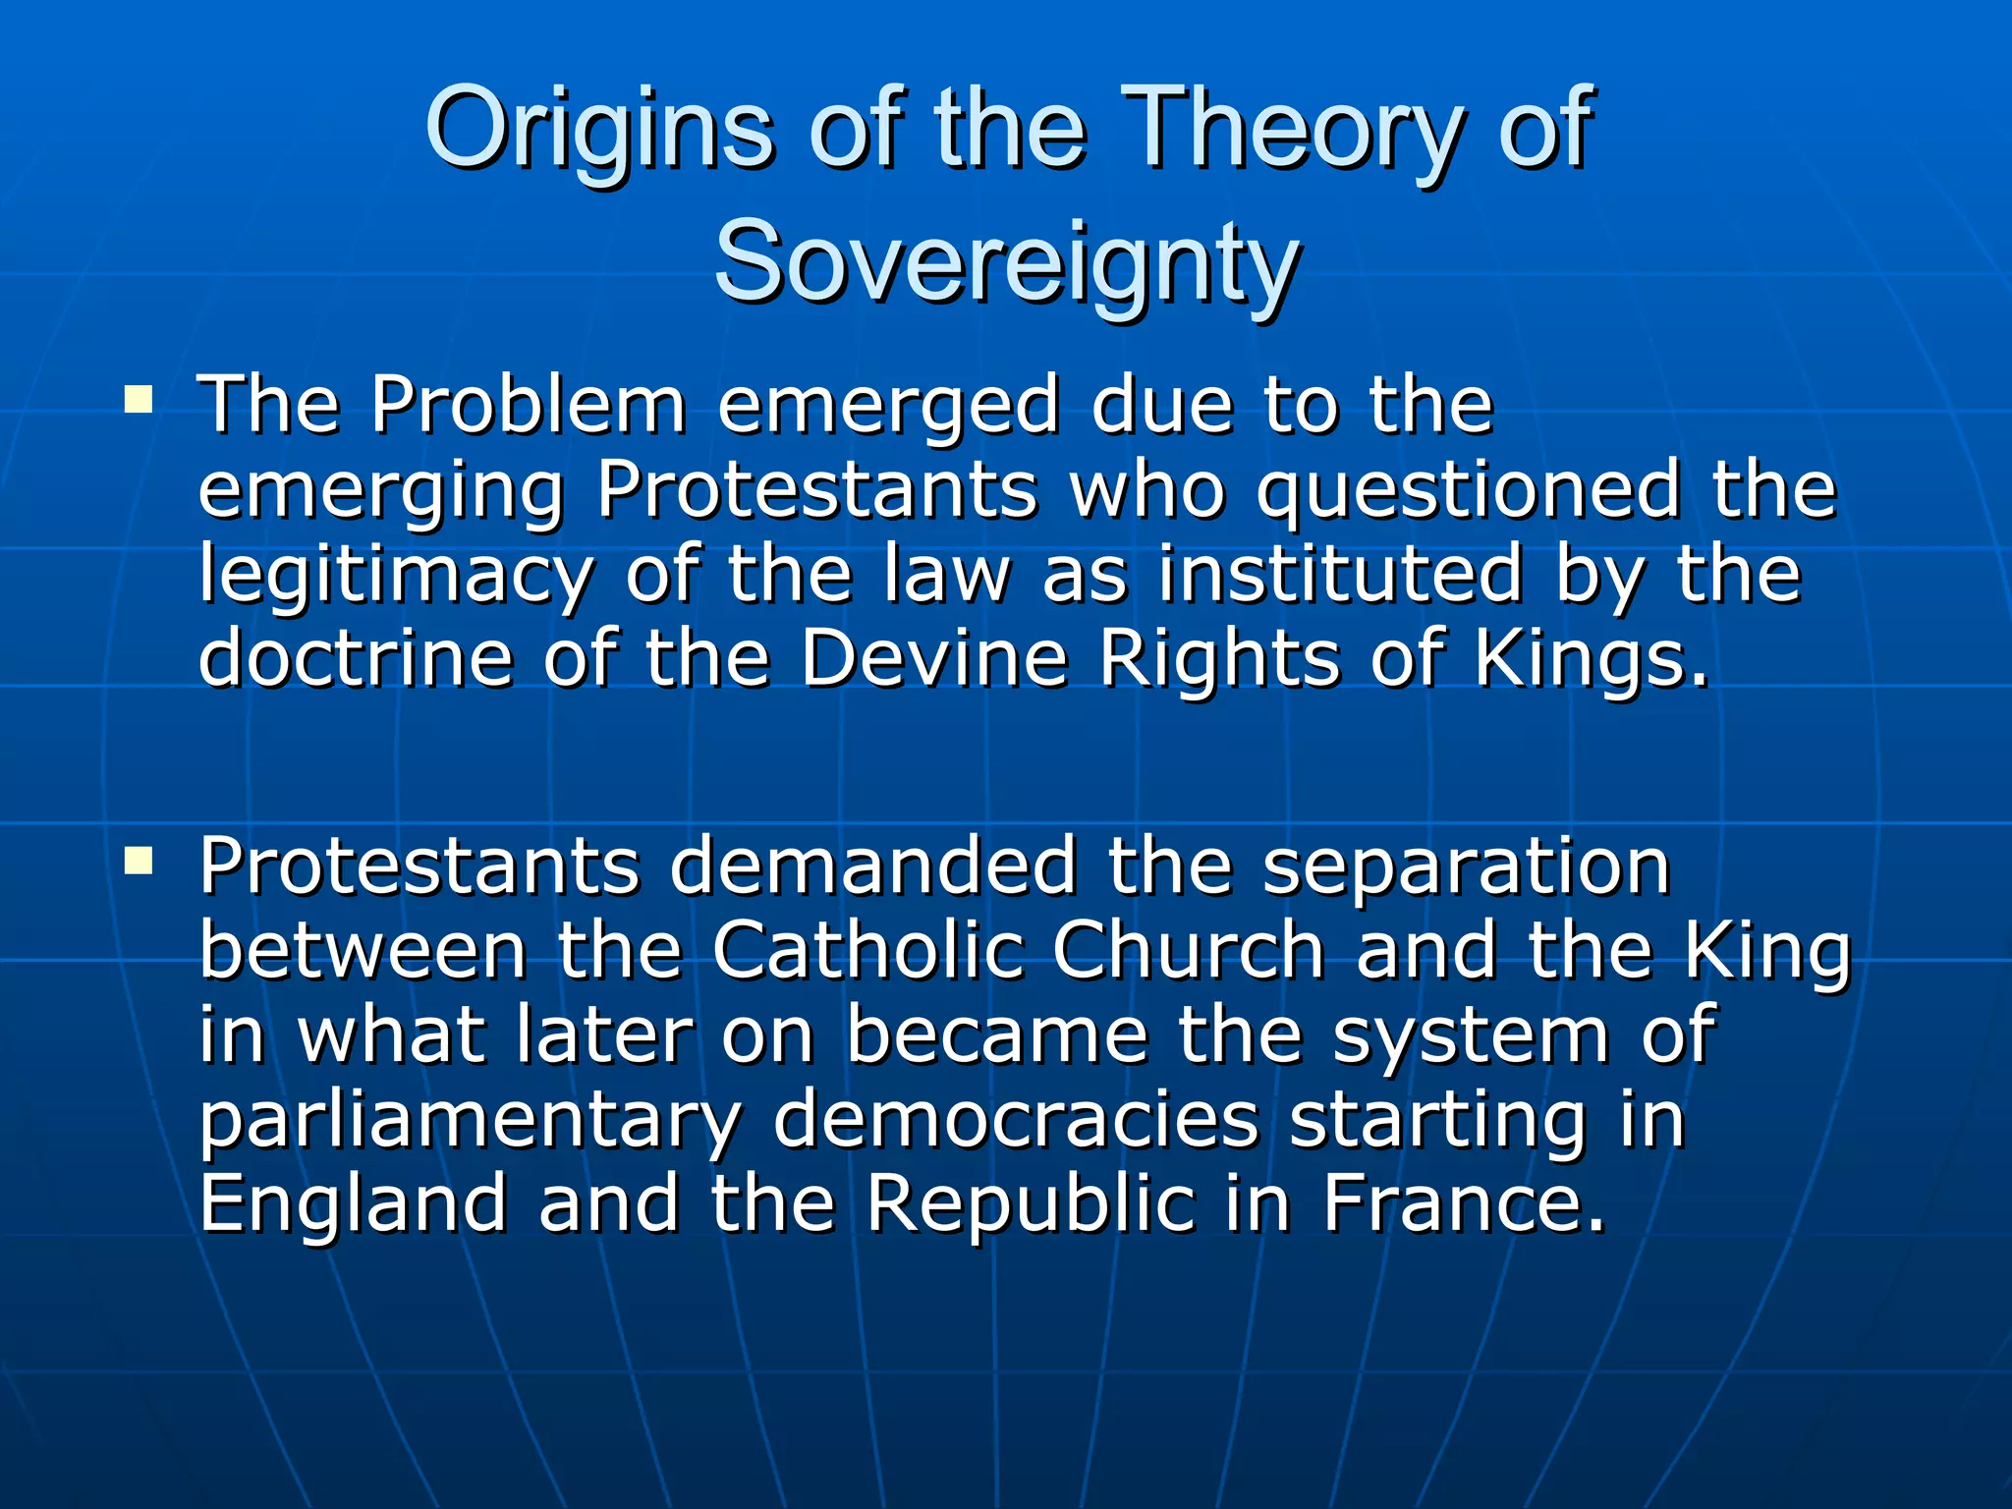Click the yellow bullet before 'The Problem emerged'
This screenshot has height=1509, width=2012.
139,399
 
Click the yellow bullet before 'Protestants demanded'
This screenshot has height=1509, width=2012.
139,861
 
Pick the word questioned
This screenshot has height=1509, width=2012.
1467,489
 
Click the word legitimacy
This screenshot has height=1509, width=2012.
395,575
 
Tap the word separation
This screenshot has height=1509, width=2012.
1466,867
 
